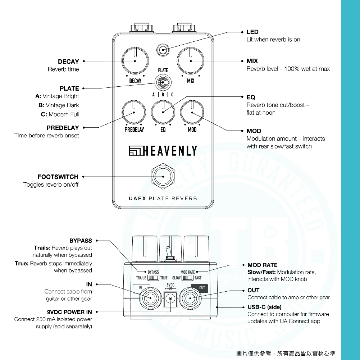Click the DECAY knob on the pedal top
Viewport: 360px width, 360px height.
tap(135, 61)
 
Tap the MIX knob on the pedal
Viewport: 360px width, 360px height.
tap(191, 61)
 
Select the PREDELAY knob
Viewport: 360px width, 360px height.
tap(134, 112)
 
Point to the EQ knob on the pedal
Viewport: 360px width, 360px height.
tap(163, 112)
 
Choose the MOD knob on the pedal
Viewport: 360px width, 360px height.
tap(192, 112)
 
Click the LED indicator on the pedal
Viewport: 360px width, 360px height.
tap(163, 50)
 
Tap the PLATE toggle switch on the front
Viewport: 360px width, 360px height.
tap(163, 82)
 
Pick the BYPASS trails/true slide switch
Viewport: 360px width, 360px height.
tap(153, 278)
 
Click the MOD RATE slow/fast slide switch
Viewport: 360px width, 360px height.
tap(188, 278)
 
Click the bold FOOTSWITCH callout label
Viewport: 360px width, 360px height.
tap(58, 177)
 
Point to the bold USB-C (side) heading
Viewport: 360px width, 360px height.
tap(264, 307)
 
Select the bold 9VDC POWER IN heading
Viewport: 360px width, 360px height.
tap(69, 312)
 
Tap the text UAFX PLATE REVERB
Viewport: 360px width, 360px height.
tap(163, 199)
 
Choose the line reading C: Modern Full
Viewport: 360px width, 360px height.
tap(60, 114)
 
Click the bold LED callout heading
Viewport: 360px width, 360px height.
tap(252, 32)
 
